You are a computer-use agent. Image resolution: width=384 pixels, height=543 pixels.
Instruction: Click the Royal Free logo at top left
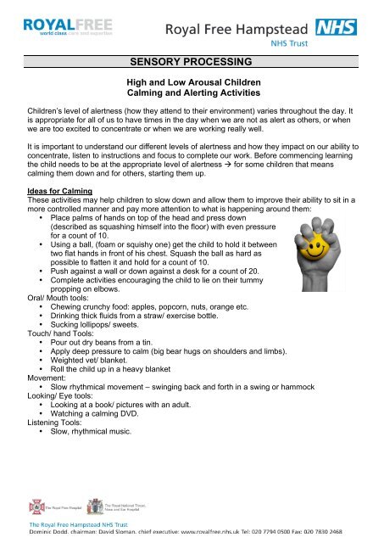(x=54, y=26)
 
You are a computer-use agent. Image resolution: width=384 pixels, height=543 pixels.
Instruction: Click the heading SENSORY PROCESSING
(x=191, y=63)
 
